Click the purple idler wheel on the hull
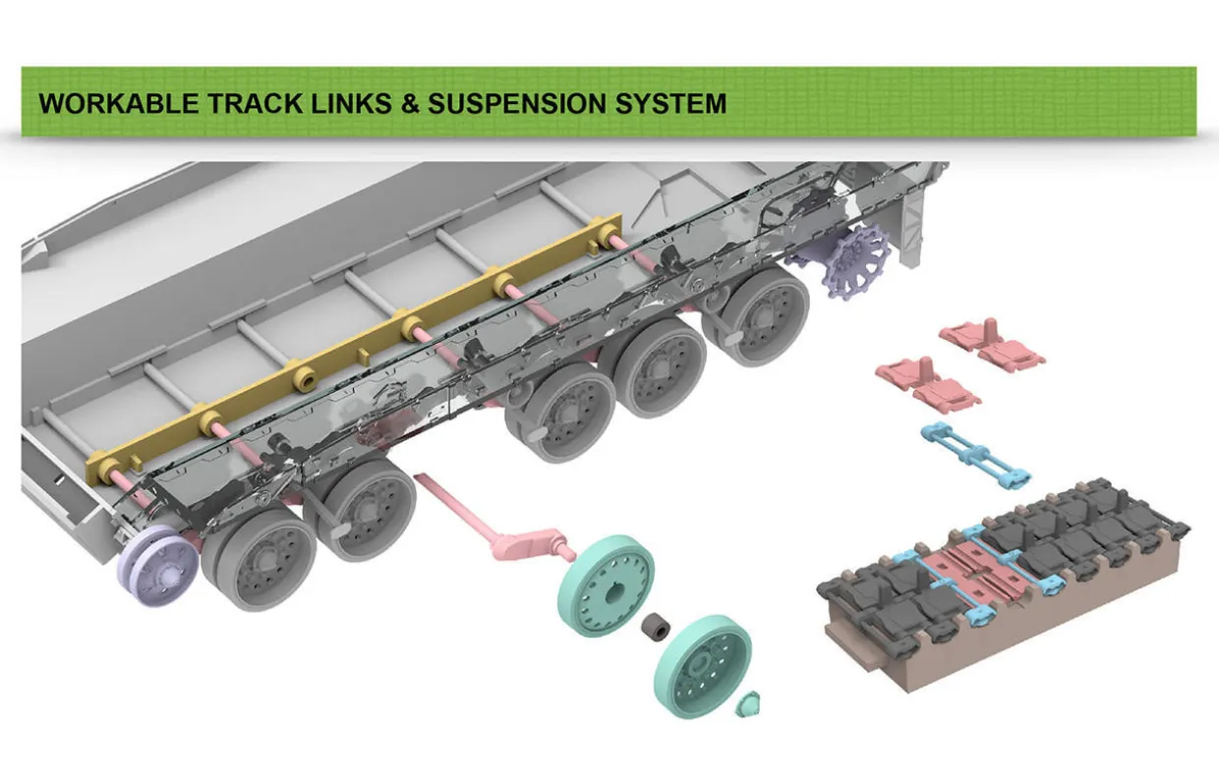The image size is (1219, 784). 157,559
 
